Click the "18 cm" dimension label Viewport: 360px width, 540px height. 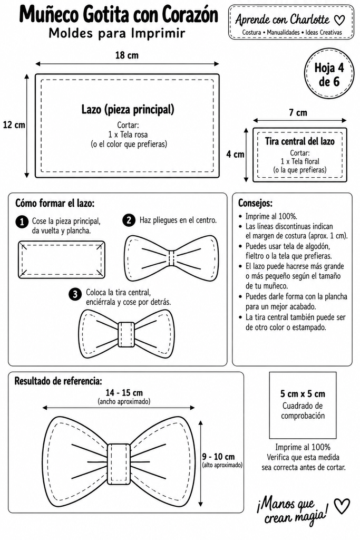click(127, 55)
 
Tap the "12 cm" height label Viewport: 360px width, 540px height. click(14, 124)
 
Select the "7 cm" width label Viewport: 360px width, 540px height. click(298, 113)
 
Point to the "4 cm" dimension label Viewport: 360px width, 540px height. click(235, 155)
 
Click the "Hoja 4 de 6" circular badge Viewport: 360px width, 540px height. click(329, 74)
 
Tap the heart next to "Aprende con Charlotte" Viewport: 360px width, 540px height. click(339, 20)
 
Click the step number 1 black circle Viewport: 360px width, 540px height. click(22, 222)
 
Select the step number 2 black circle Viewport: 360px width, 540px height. click(129, 220)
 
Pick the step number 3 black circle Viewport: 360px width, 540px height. click(75, 294)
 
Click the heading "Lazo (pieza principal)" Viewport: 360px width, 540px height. click(128, 110)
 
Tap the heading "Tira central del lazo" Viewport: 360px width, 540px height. click(299, 141)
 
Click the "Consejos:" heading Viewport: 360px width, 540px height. click(255, 203)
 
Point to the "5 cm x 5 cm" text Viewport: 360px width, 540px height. click(303, 393)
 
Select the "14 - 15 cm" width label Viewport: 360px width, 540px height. click(124, 392)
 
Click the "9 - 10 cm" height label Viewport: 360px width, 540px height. click(218, 457)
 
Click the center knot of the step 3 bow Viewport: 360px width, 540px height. click(127, 335)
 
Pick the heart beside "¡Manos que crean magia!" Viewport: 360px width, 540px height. click(342, 506)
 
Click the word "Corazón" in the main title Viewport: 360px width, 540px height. click(190, 15)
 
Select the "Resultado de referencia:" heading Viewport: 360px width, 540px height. click(58, 381)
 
